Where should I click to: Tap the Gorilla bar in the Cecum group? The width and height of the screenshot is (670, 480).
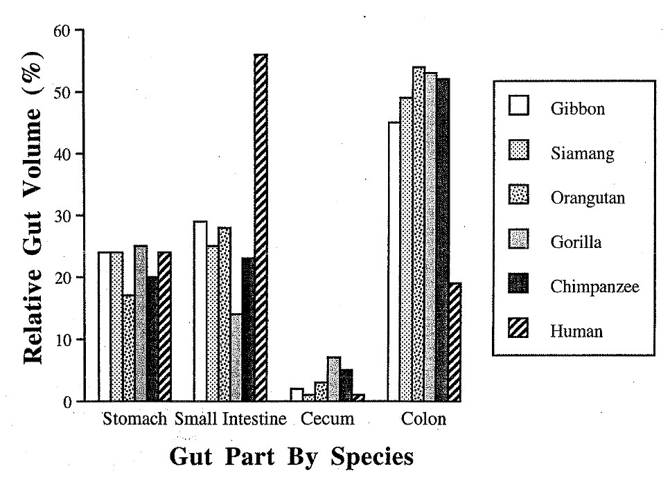click(x=333, y=379)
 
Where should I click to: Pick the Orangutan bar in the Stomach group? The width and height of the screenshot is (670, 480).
click(x=128, y=348)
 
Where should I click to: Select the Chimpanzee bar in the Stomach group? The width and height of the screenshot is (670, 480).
click(x=152, y=339)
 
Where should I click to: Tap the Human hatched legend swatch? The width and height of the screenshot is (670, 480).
click(x=519, y=330)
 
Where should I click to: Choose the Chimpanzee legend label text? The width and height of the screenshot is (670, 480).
click(x=594, y=286)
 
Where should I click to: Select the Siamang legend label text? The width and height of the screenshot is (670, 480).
click(x=582, y=153)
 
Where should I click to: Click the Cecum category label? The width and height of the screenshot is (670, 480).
click(x=328, y=419)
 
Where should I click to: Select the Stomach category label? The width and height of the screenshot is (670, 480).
click(x=135, y=419)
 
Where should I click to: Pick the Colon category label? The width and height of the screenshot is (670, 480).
click(x=424, y=419)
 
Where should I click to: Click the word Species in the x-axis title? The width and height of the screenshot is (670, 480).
click(x=372, y=458)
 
